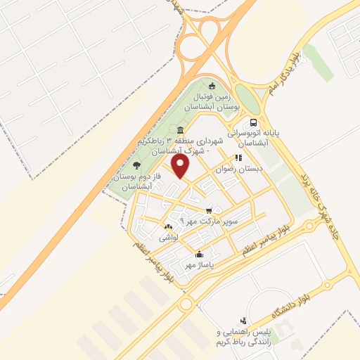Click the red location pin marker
click(181, 167)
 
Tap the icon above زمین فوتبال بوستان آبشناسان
click(212, 86)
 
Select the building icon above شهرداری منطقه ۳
click(181, 131)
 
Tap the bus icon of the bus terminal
click(252, 122)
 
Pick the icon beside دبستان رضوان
click(238, 158)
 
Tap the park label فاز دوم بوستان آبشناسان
click(131, 179)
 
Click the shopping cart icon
click(209, 210)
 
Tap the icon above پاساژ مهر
click(199, 254)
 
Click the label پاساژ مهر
click(199, 265)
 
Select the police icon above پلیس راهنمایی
click(243, 319)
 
